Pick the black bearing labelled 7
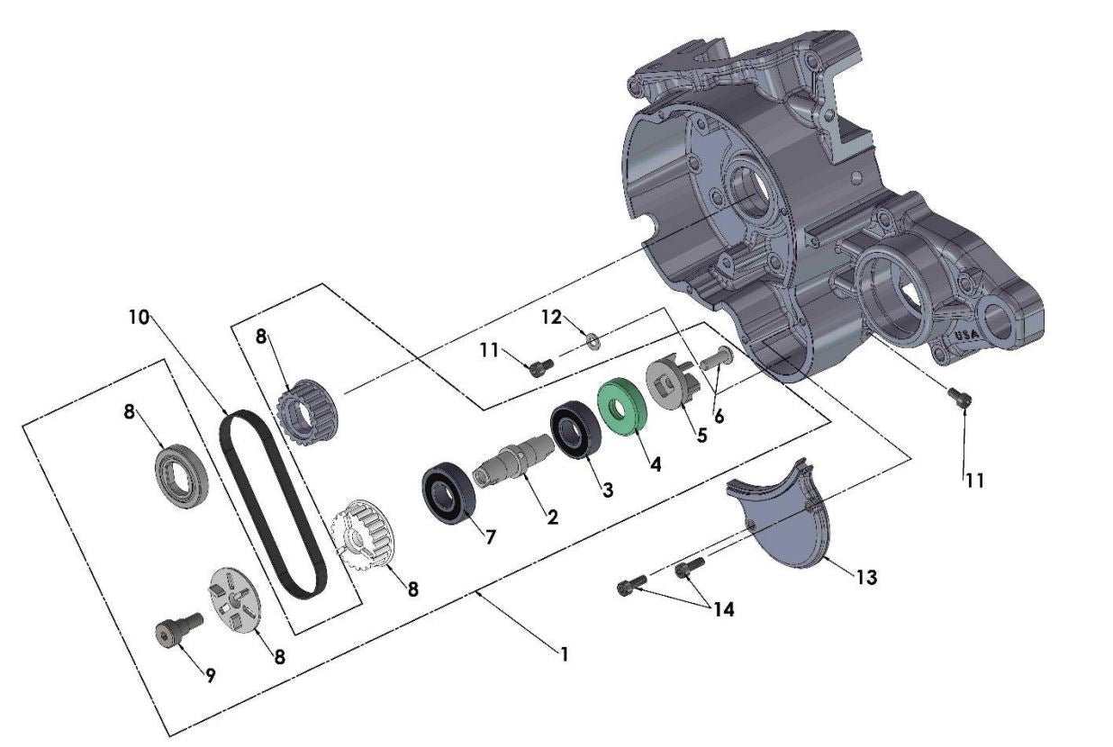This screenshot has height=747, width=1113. pyautogui.click(x=448, y=491)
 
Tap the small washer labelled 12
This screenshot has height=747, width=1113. pyautogui.click(x=593, y=340)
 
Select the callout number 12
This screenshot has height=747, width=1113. pyautogui.click(x=551, y=317)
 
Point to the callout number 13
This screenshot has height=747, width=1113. pyautogui.click(x=865, y=577)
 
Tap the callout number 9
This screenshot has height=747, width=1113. pyautogui.click(x=210, y=676)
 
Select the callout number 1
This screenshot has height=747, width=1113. pyautogui.click(x=564, y=655)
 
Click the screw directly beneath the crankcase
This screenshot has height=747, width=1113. pyautogui.click(x=960, y=396)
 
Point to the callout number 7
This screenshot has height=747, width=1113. pyautogui.click(x=490, y=537)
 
